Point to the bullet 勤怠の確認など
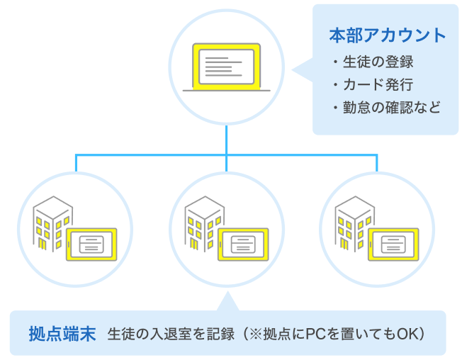[390, 108]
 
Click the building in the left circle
[52, 221]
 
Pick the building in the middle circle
[202, 221]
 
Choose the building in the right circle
[353, 221]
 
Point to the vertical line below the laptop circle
[226, 139]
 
